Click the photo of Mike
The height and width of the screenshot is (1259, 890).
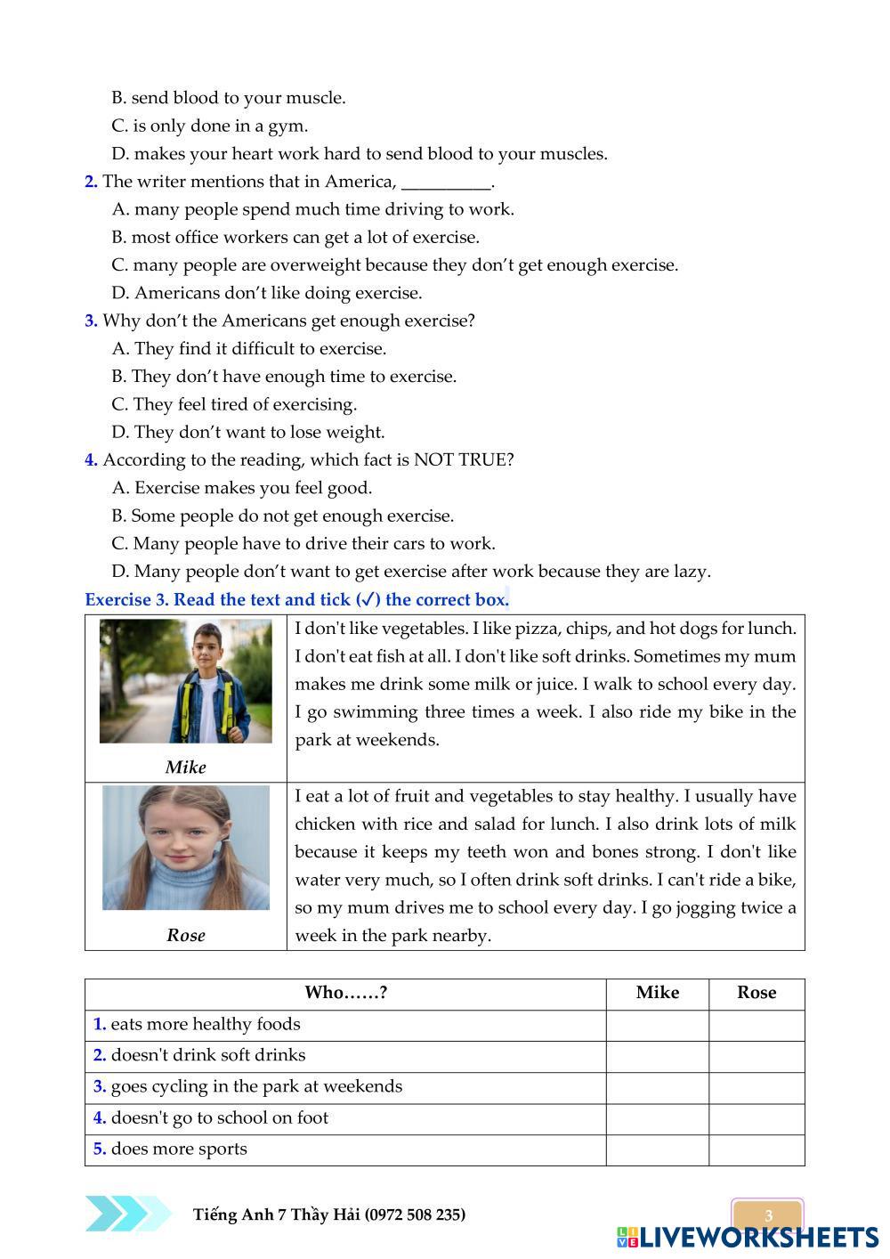[x=185, y=681]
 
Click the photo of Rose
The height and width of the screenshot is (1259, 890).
[x=185, y=847]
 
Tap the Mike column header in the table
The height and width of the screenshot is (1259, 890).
[x=657, y=993]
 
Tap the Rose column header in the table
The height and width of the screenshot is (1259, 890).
[x=756, y=993]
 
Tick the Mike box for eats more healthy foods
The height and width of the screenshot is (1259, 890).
[x=657, y=1025]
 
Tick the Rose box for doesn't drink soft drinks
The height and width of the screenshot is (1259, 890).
[x=756, y=1056]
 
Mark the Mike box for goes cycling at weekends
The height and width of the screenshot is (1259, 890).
[x=657, y=1087]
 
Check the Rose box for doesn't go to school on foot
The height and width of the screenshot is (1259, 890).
[x=756, y=1118]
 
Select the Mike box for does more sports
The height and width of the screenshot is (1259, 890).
[x=657, y=1149]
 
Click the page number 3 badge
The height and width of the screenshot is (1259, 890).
[x=768, y=1215]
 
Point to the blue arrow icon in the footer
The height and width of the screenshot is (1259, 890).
[x=127, y=1214]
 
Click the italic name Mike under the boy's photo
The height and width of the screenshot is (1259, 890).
[x=185, y=768]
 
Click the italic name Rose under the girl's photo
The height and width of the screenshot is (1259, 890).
[x=185, y=936]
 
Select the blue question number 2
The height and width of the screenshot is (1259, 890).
[x=91, y=182]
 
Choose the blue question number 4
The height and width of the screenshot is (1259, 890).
[x=91, y=460]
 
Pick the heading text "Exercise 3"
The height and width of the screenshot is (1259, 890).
[x=126, y=600]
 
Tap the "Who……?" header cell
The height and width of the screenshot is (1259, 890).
[x=345, y=993]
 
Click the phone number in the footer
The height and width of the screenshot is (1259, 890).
[x=415, y=1215]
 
